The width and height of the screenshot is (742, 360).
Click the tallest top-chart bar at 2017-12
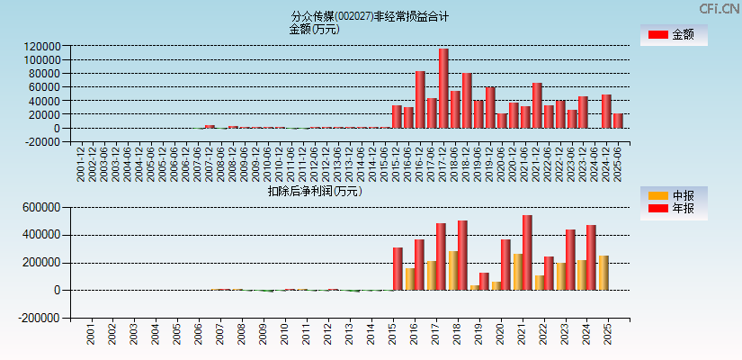pyautogui.click(x=443, y=88)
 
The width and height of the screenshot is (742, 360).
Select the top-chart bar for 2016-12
pyautogui.click(x=420, y=99)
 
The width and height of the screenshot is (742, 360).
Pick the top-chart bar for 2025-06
pyautogui.click(x=618, y=121)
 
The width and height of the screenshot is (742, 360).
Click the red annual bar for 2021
pyautogui.click(x=527, y=252)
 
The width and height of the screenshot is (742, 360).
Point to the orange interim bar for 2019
pyautogui.click(x=474, y=287)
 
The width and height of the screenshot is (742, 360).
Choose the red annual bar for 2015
pyautogui.click(x=398, y=268)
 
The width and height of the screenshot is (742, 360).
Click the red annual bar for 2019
pyautogui.click(x=484, y=281)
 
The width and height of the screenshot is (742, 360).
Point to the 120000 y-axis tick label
pyautogui.click(x=42, y=46)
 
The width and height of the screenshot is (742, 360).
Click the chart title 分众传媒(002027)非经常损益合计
pyautogui.click(x=370, y=16)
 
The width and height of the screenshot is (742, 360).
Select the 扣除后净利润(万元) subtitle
pyautogui.click(x=314, y=191)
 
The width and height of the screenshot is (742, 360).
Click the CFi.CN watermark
pyautogui.click(x=720, y=8)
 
